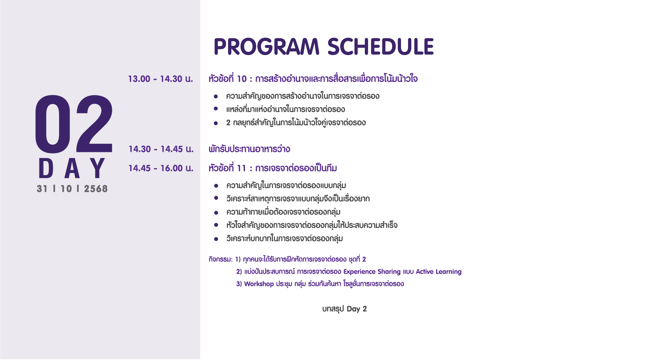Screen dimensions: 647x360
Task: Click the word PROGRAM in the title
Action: click(267, 46)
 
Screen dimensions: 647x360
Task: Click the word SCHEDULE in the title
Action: click(381, 46)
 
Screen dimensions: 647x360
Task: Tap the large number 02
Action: click(74, 124)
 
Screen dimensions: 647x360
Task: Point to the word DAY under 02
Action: click(72, 168)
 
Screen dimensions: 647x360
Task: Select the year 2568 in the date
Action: click(96, 189)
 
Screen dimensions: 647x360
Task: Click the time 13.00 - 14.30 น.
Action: click(161, 79)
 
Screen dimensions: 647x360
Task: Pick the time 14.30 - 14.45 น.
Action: click(161, 149)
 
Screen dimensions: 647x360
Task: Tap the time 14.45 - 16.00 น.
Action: click(161, 168)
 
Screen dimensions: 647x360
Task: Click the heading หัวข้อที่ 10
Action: click(228, 79)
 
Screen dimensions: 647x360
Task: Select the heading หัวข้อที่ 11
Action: click(227, 168)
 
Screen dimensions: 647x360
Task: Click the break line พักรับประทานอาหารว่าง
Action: click(249, 149)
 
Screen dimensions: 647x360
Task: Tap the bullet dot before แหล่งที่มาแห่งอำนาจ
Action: click(216, 109)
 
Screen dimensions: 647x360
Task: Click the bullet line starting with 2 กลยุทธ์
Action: click(296, 122)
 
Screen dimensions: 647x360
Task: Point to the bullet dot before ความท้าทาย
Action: click(216, 212)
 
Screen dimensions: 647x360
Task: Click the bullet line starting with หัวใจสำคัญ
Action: click(312, 225)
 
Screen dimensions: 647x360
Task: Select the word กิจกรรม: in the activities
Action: click(221, 259)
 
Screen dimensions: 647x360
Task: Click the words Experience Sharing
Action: click(372, 272)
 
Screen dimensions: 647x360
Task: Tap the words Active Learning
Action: click(439, 272)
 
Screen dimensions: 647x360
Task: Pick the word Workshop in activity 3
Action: click(259, 284)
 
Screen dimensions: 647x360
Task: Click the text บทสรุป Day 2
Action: click(345, 309)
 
